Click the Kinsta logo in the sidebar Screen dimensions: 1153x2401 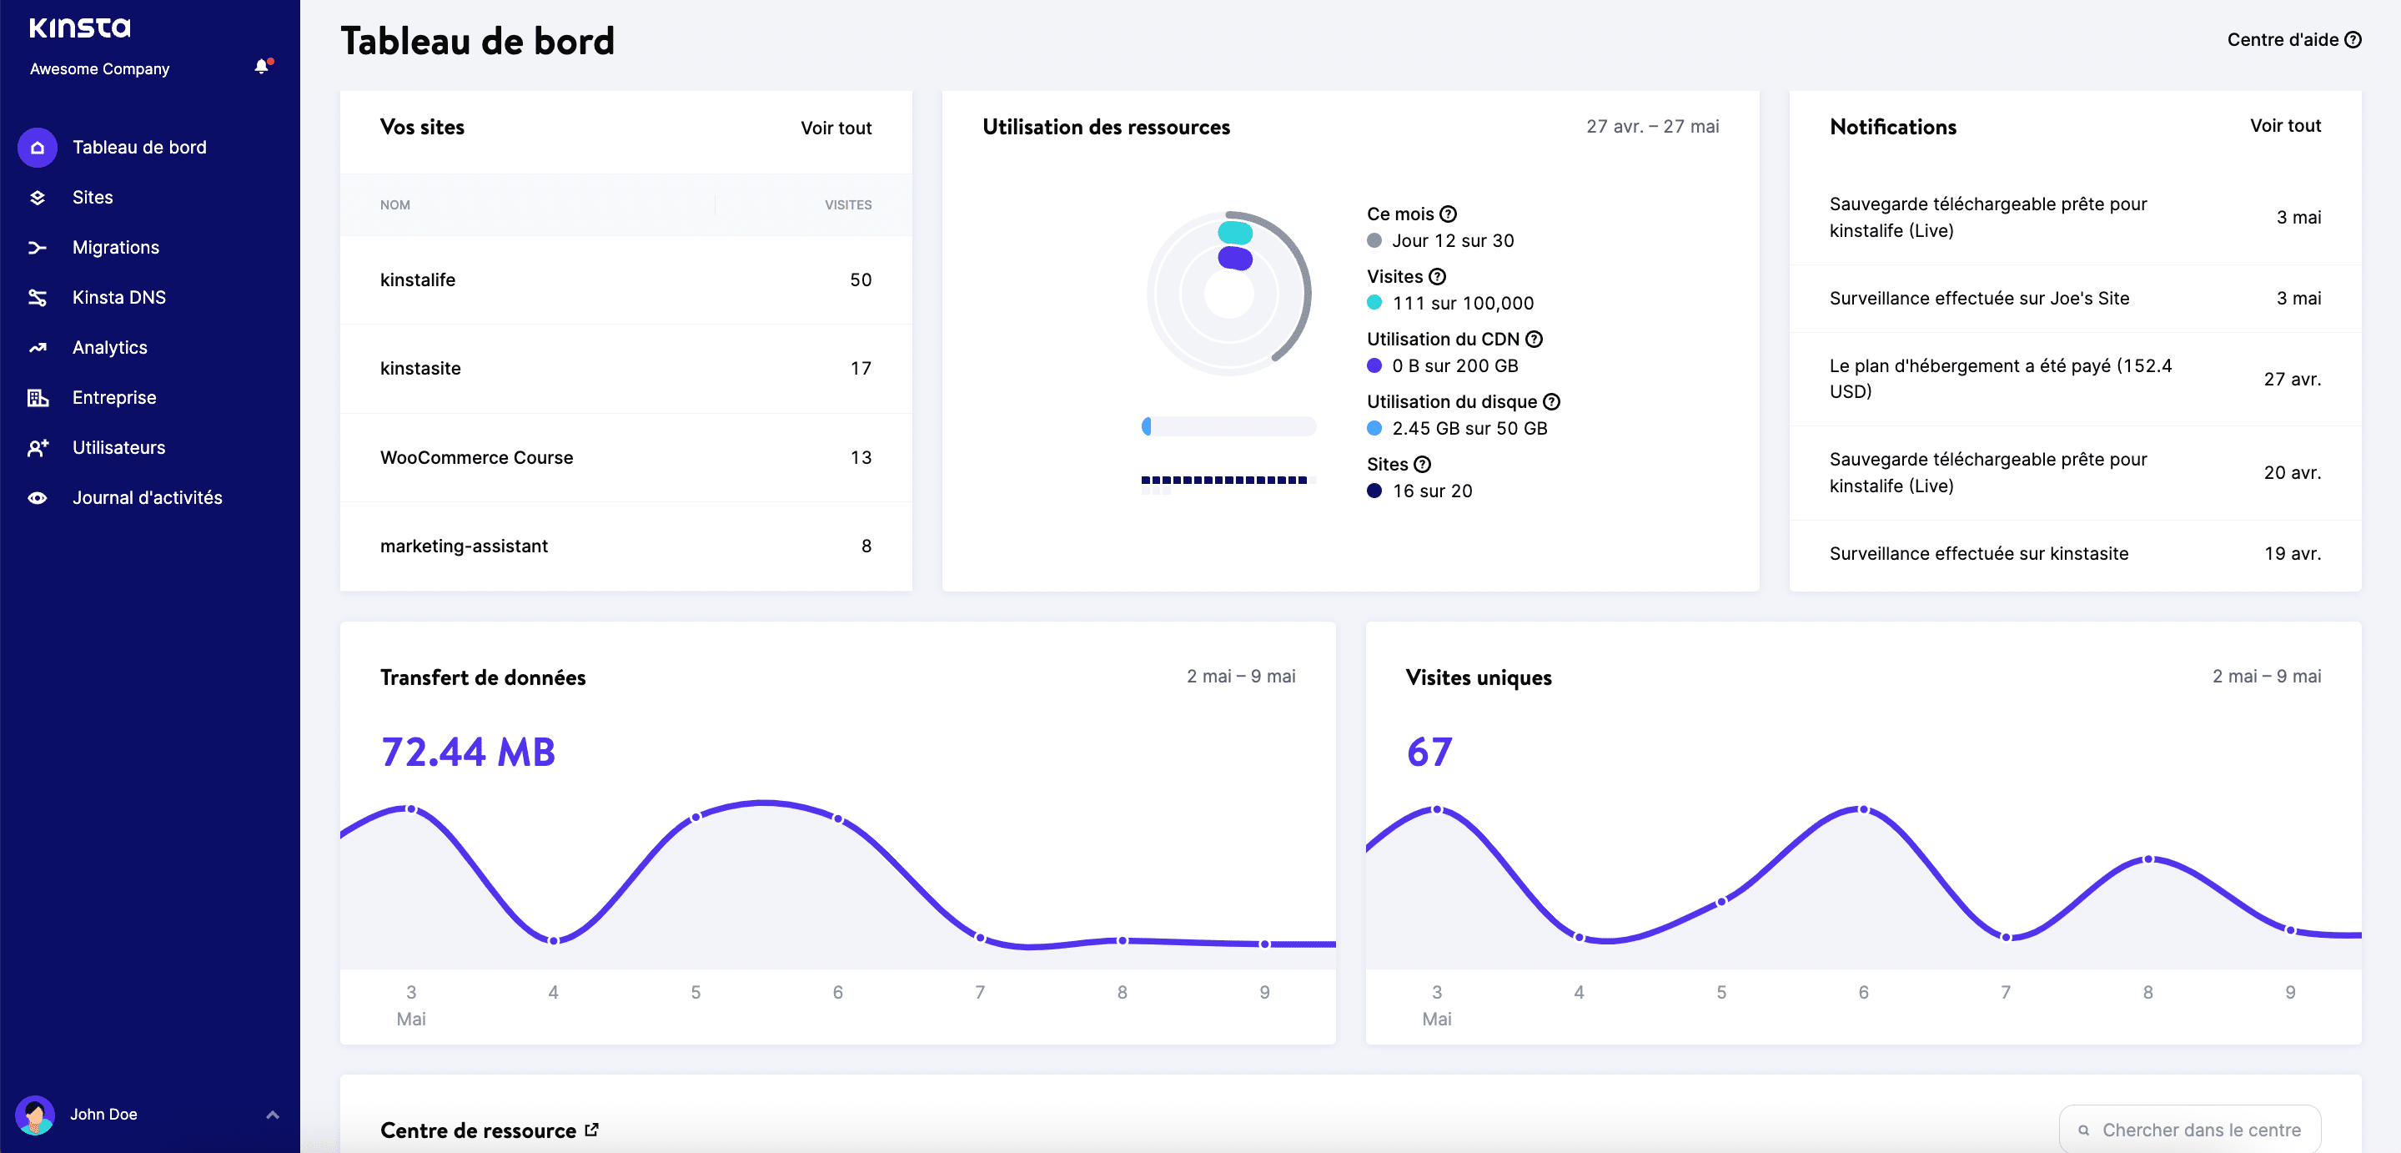[79, 28]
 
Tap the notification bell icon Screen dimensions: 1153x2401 [262, 66]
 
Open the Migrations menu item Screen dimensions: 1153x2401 [116, 247]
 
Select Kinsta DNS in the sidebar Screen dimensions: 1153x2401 [118, 297]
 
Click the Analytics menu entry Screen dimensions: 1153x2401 [109, 348]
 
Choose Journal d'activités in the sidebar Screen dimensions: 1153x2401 [146, 498]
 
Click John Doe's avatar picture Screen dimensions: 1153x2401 [35, 1114]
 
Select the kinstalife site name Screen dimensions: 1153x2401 [418, 279]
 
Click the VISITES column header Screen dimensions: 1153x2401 [847, 205]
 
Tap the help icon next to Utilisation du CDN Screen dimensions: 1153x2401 [1533, 340]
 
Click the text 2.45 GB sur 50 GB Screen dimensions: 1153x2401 [1469, 429]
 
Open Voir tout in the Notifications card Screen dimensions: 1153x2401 [2284, 126]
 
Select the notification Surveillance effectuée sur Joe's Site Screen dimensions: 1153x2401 [1978, 299]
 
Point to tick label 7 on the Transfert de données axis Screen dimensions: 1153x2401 [980, 993]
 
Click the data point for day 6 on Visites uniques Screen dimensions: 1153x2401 [1863, 809]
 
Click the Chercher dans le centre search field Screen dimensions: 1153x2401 [2200, 1130]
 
